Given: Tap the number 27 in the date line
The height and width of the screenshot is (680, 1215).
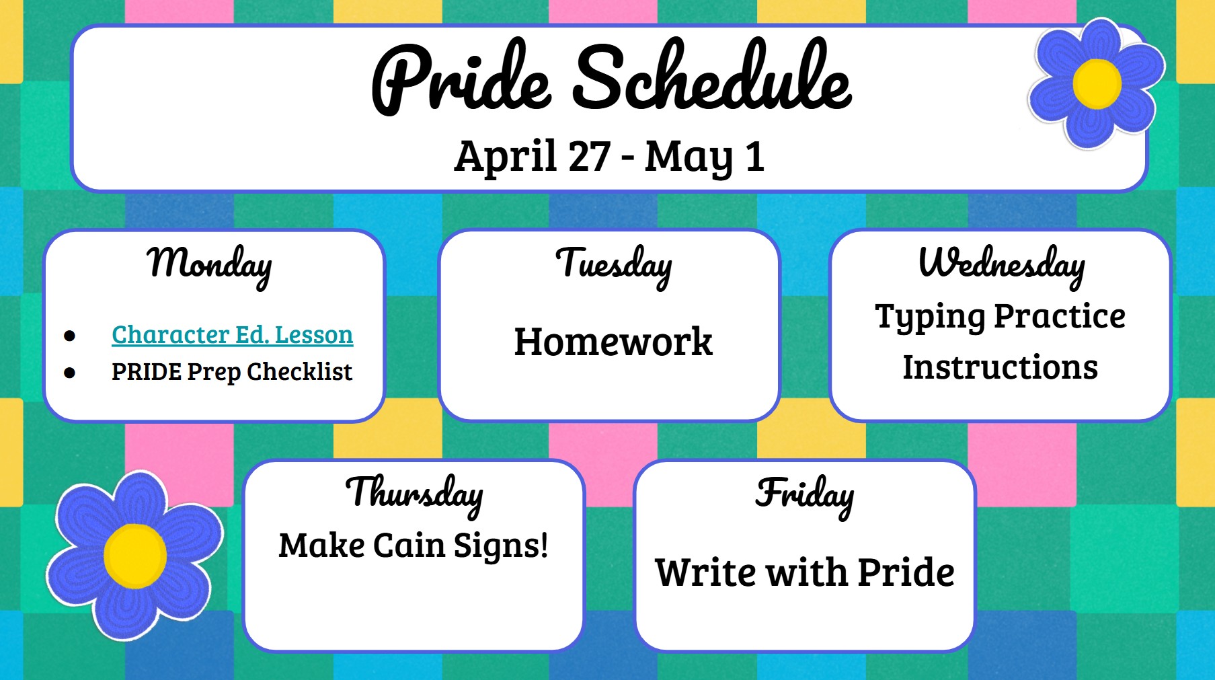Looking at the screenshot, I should pyautogui.click(x=589, y=156).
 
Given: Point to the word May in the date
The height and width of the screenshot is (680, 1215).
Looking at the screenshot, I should pyautogui.click(x=688, y=157).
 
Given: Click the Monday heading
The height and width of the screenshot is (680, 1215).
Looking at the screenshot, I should pyautogui.click(x=210, y=264).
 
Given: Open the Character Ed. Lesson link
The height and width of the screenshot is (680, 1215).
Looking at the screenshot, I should pyautogui.click(x=232, y=334).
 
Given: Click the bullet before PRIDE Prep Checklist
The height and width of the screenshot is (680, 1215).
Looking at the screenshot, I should pyautogui.click(x=70, y=372).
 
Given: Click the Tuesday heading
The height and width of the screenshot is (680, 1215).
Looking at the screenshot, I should pyautogui.click(x=613, y=264).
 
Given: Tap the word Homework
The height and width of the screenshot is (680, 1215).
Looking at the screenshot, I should pyautogui.click(x=613, y=342).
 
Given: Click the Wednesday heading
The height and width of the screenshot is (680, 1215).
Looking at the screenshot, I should pyautogui.click(x=1001, y=264).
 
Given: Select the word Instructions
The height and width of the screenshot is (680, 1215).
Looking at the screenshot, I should pyautogui.click(x=1000, y=367).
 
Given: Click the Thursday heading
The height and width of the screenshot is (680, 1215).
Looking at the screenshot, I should pyautogui.click(x=414, y=494).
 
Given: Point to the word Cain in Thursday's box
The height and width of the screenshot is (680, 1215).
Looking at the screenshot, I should pyautogui.click(x=409, y=545).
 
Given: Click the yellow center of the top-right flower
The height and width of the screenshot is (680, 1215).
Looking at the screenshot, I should pyautogui.click(x=1097, y=84).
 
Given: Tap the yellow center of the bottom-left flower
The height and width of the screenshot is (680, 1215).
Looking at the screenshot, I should pyautogui.click(x=135, y=556).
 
